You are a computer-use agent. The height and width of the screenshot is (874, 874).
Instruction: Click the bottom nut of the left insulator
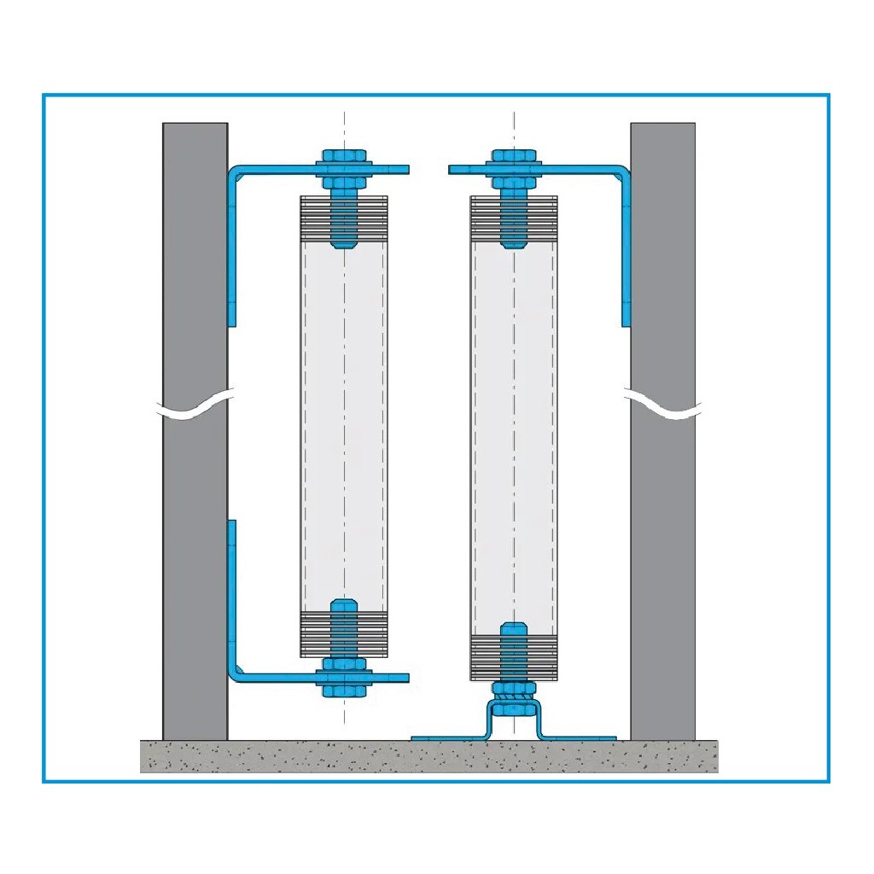pyautogui.click(x=344, y=687)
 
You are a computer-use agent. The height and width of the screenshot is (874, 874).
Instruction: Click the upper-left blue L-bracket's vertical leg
pyautogui.click(x=232, y=248)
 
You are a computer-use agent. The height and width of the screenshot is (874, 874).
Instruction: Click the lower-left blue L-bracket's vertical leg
pyautogui.click(x=232, y=597)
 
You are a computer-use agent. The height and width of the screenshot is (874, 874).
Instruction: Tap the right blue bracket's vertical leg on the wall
pyautogui.click(x=626, y=248)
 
